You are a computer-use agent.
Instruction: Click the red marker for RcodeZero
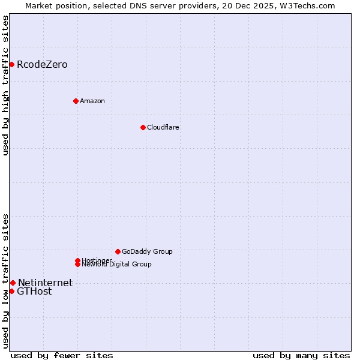coord(11,64)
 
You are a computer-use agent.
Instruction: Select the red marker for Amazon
coord(76,101)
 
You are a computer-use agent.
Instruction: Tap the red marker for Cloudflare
coord(143,127)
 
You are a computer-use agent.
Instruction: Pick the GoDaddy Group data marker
coord(118,251)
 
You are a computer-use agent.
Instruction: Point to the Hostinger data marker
coord(77,260)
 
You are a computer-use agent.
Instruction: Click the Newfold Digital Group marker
coord(77,265)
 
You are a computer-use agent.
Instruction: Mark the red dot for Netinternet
coord(13,283)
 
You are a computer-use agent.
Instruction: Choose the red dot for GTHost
coord(11,291)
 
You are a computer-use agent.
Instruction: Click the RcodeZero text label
coord(42,65)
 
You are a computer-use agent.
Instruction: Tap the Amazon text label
coord(92,101)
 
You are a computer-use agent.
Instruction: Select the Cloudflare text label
coord(163,127)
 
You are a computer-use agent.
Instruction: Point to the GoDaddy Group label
coord(147,251)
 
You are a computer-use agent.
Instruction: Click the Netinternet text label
coord(45,283)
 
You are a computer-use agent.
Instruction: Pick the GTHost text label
coord(34,292)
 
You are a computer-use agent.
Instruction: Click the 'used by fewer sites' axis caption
coord(62,355)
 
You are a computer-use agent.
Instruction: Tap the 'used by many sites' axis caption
coord(301,355)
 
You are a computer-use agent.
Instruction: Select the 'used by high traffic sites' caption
coord(5,85)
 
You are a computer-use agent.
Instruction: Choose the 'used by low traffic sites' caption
coord(5,281)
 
